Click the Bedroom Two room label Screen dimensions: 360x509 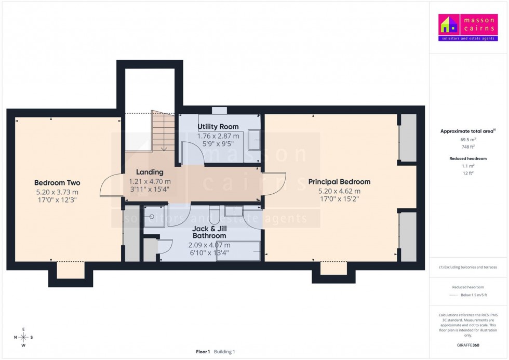tap(57, 182)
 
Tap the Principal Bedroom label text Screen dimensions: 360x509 tap(339, 182)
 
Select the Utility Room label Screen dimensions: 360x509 tap(218, 127)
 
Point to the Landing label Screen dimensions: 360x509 tap(150, 172)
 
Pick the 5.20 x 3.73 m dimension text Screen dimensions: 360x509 tap(57, 192)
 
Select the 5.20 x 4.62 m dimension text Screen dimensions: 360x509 tap(339, 191)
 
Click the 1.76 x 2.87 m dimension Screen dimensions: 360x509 tap(218, 136)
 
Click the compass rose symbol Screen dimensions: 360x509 tap(24, 337)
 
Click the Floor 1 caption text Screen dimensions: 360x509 tap(203, 352)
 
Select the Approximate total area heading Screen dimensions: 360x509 tap(468, 131)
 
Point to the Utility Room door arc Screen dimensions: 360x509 tap(193, 154)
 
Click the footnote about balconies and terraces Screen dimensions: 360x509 tap(468, 267)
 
